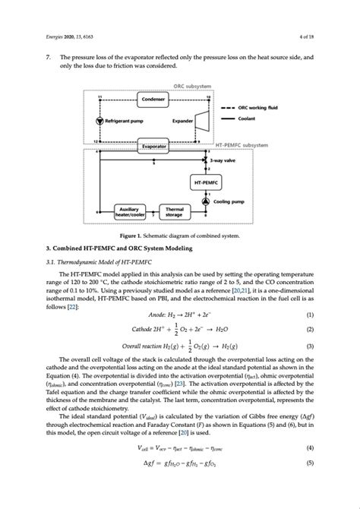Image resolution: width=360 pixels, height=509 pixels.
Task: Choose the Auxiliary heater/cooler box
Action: coord(129,212)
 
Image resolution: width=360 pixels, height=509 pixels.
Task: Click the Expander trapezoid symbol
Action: coord(202,121)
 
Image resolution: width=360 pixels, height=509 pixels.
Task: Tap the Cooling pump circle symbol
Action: coord(205,201)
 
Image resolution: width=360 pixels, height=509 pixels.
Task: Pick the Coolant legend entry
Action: coord(247,119)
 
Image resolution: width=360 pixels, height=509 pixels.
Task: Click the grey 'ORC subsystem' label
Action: coord(193,87)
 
